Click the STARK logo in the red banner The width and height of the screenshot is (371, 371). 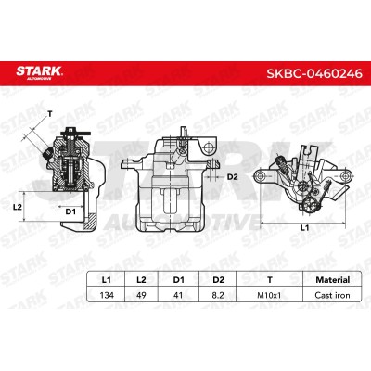click(39, 72)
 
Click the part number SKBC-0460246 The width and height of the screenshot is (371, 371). click(314, 73)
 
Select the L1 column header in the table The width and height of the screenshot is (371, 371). click(106, 280)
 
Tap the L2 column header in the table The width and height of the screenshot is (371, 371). click(141, 280)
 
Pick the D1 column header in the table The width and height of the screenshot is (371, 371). click(178, 280)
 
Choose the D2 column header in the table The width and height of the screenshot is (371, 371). click(218, 280)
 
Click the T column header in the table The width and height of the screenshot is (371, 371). click(270, 280)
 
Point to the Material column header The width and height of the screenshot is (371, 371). click(333, 280)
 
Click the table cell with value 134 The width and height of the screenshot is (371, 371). click(107, 295)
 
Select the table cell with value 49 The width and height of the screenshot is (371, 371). click(141, 295)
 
